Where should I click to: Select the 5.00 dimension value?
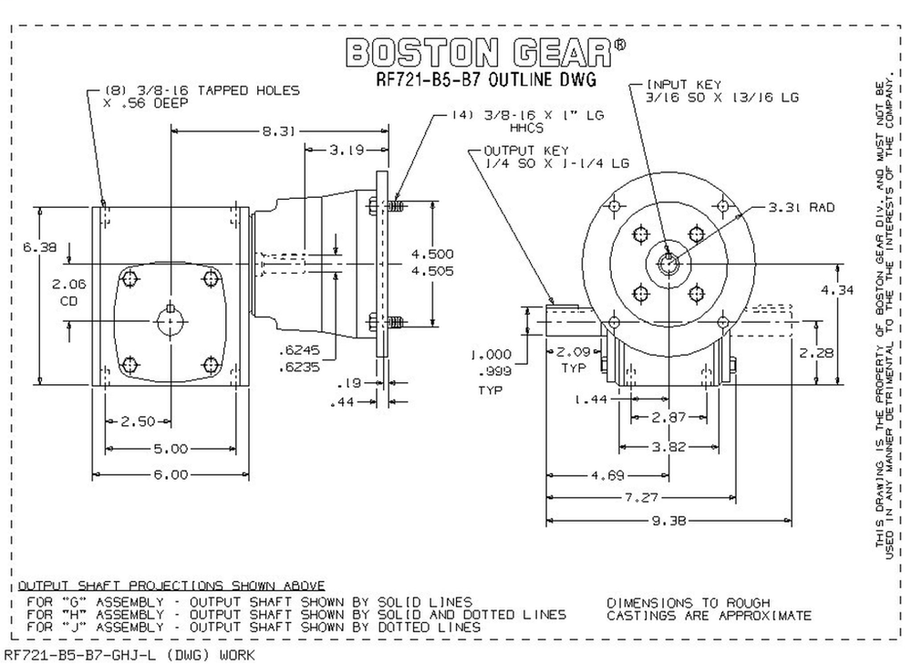click(x=170, y=448)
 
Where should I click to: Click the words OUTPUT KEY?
click(x=527, y=151)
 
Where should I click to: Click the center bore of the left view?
click(x=170, y=321)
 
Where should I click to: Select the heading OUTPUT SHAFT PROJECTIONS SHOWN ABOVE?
click(x=171, y=585)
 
